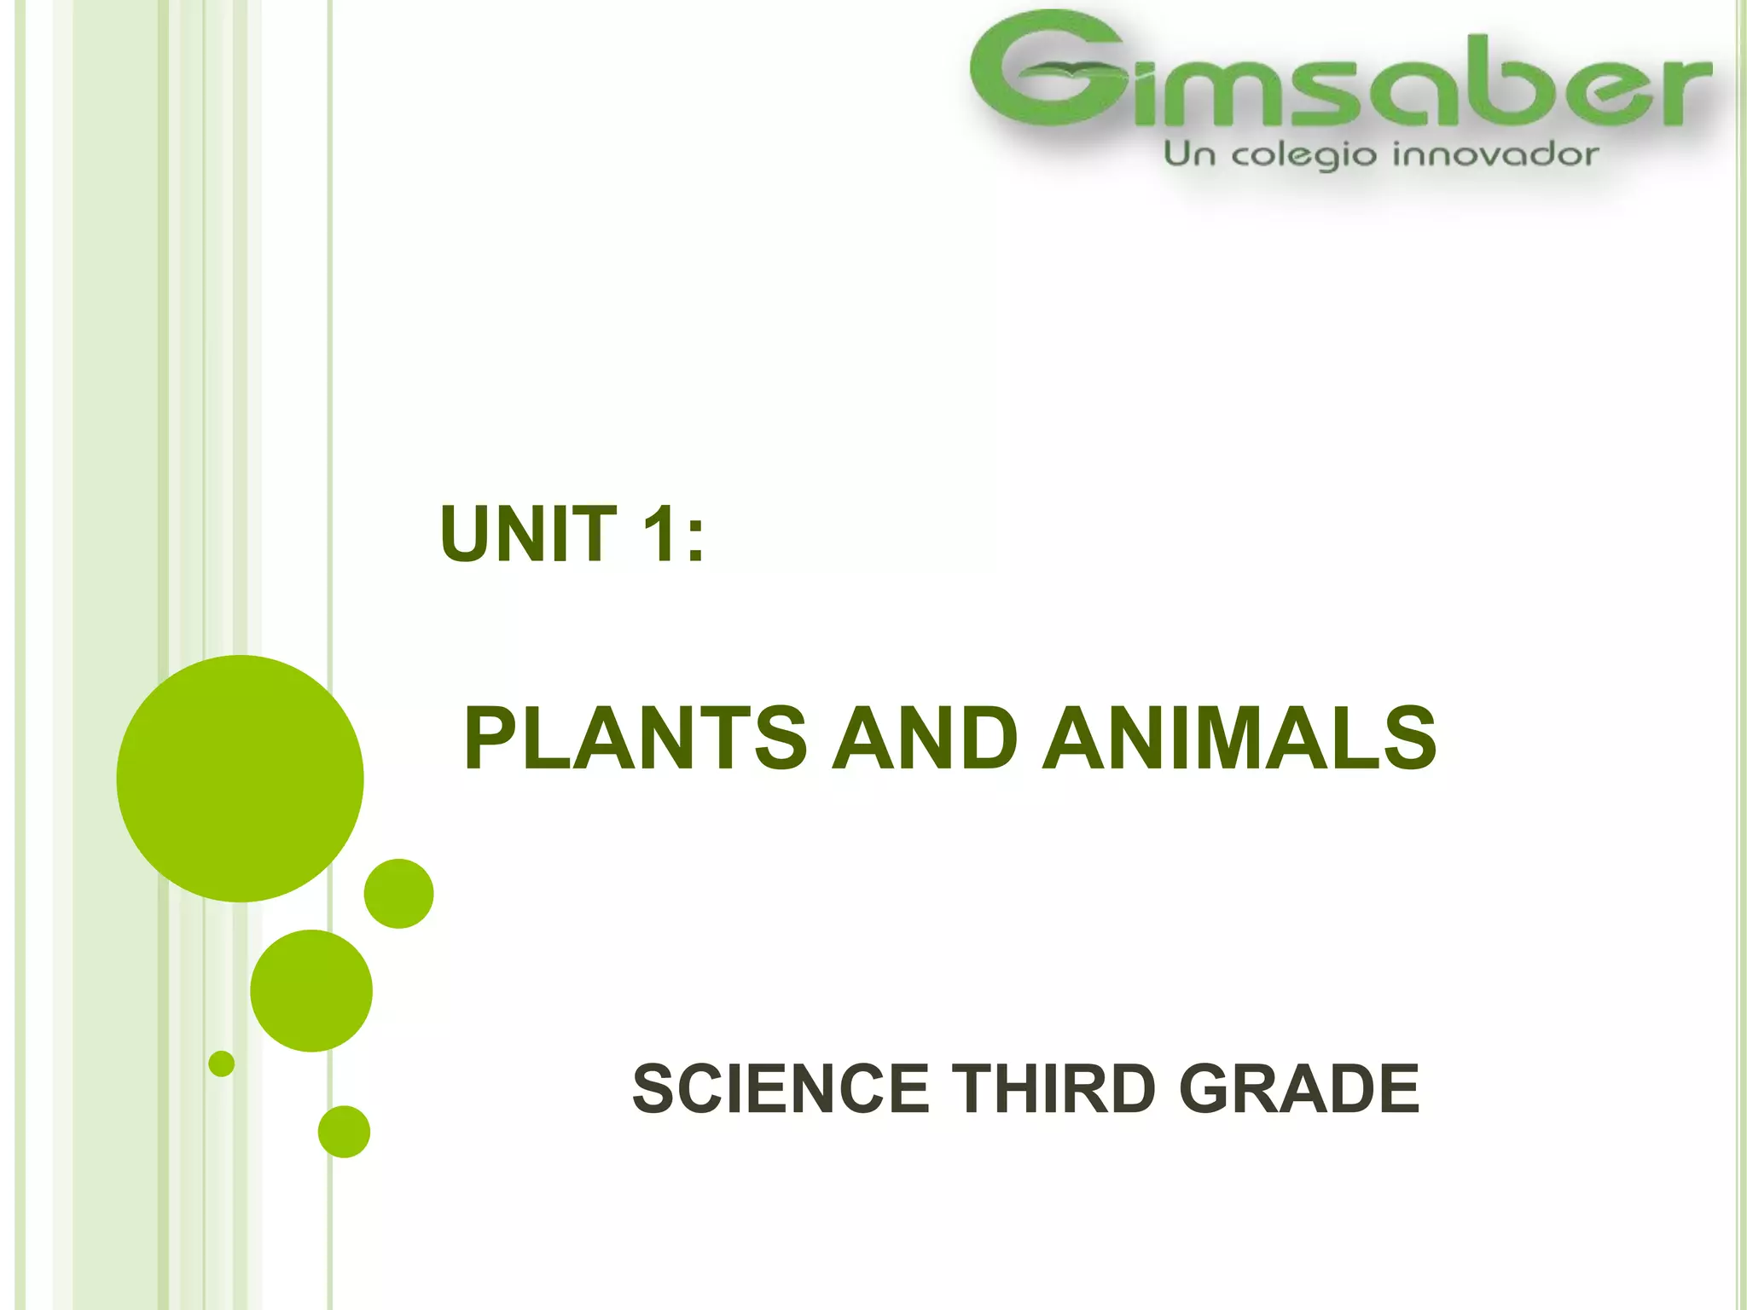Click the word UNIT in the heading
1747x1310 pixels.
point(528,534)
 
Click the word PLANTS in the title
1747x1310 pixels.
point(636,739)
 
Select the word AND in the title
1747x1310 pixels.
point(925,739)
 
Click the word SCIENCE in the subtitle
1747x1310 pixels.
point(781,1089)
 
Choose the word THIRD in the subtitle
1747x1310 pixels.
point(1053,1089)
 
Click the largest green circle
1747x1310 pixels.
point(241,779)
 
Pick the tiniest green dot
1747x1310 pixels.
point(222,1064)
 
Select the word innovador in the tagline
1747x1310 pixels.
point(1495,155)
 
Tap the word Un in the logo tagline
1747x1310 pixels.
point(1190,154)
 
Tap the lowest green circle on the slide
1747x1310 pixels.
point(344,1132)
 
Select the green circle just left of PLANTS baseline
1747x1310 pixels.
point(399,894)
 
